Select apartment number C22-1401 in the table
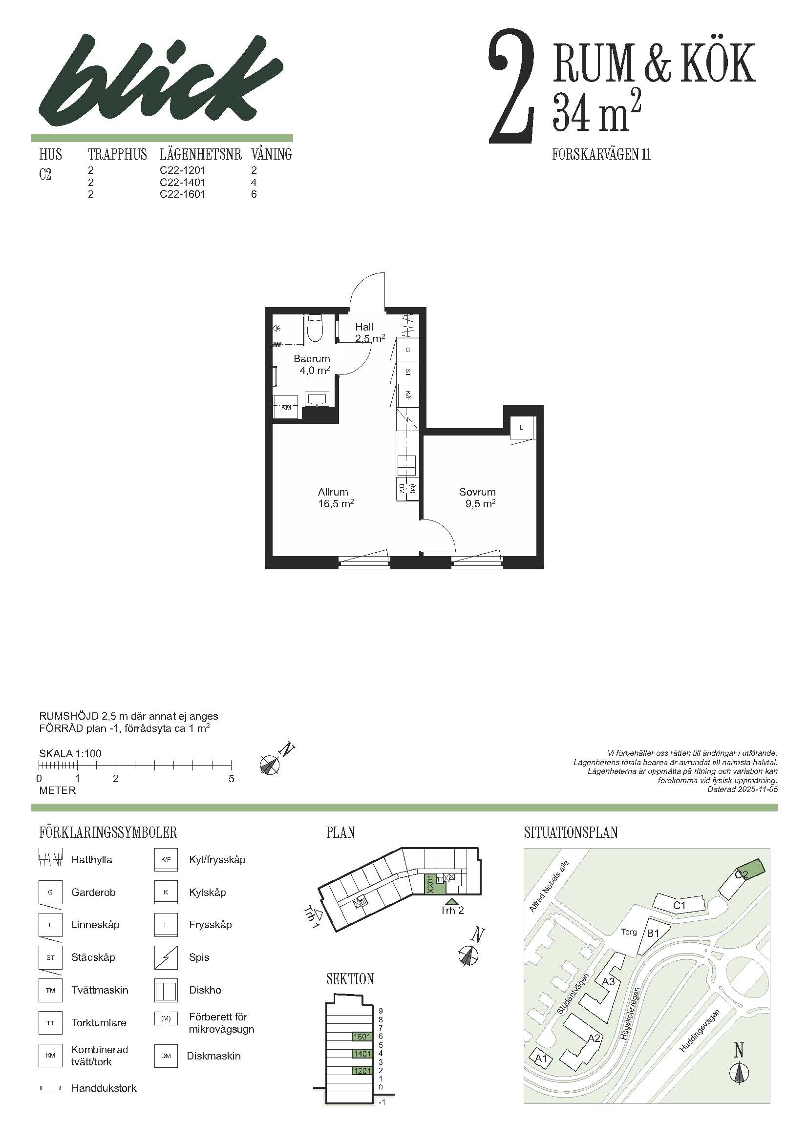[x=183, y=182]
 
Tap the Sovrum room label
[x=477, y=492]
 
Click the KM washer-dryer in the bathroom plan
[x=286, y=407]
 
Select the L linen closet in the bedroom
[x=521, y=427]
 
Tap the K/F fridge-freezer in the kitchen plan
[x=408, y=395]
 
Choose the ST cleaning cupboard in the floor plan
[x=408, y=372]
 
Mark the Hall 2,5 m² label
[x=369, y=333]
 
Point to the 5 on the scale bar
[x=232, y=779]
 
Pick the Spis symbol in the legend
[x=166, y=957]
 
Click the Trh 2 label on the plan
[x=452, y=911]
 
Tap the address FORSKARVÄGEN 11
[x=601, y=155]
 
